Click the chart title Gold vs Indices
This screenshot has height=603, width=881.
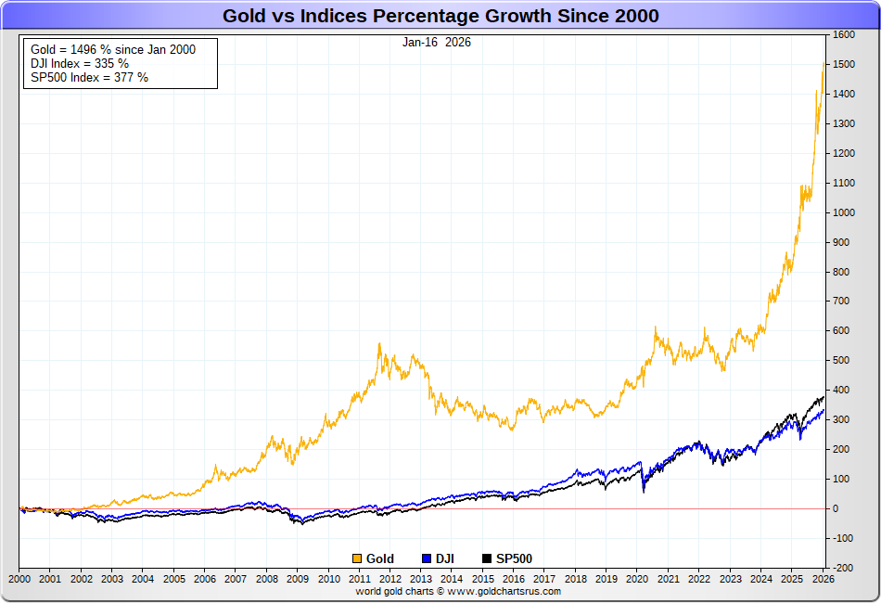pyautogui.click(x=440, y=16)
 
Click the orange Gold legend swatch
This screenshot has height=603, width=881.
pyautogui.click(x=357, y=558)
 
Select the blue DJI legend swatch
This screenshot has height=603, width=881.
pyautogui.click(x=427, y=558)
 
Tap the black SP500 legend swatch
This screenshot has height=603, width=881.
pyautogui.click(x=487, y=558)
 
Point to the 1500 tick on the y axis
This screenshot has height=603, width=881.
pyautogui.click(x=844, y=65)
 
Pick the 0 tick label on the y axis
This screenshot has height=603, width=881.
pyautogui.click(x=836, y=508)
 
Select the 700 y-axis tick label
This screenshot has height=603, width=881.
pyautogui.click(x=842, y=301)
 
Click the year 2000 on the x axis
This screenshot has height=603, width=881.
pyautogui.click(x=19, y=578)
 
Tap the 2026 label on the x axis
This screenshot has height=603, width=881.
pyautogui.click(x=823, y=578)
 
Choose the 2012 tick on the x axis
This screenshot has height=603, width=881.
pyautogui.click(x=390, y=578)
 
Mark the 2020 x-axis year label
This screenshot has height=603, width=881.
pyautogui.click(x=637, y=578)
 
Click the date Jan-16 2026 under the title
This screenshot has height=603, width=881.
pyautogui.click(x=436, y=42)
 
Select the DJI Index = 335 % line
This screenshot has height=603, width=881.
pyautogui.click(x=80, y=63)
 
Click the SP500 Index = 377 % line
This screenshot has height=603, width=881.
pyautogui.click(x=89, y=77)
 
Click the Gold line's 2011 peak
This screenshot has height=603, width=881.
pyautogui.click(x=379, y=344)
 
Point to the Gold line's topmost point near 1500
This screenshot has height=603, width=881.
pyautogui.click(x=824, y=63)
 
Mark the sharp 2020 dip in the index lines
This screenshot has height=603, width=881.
pyautogui.click(x=644, y=491)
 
